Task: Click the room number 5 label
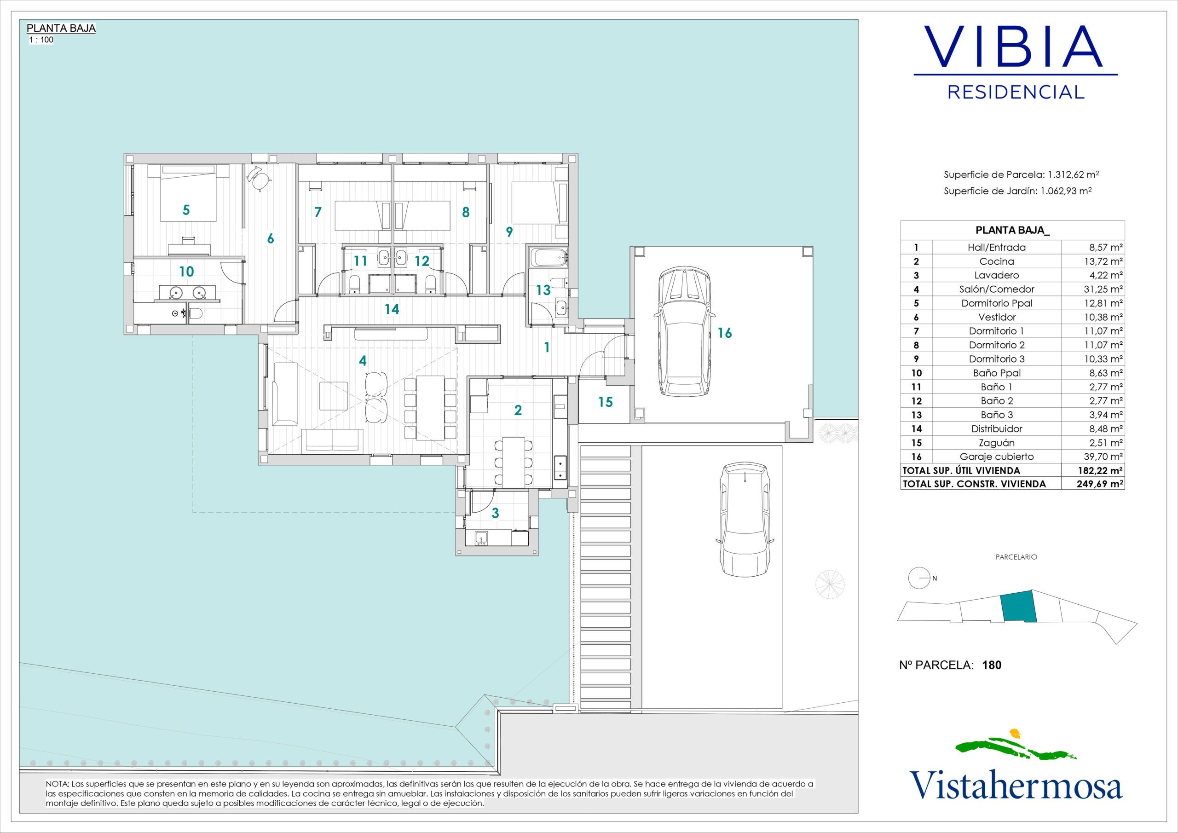point(186,210)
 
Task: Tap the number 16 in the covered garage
point(724,333)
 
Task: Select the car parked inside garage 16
point(684,332)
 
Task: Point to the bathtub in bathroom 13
point(548,256)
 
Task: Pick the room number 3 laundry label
point(495,513)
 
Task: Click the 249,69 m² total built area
point(1099,484)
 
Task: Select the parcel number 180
point(992,665)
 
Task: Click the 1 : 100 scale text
point(41,40)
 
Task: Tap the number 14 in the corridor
point(392,309)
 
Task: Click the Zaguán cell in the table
point(996,442)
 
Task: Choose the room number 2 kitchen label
point(518,410)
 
